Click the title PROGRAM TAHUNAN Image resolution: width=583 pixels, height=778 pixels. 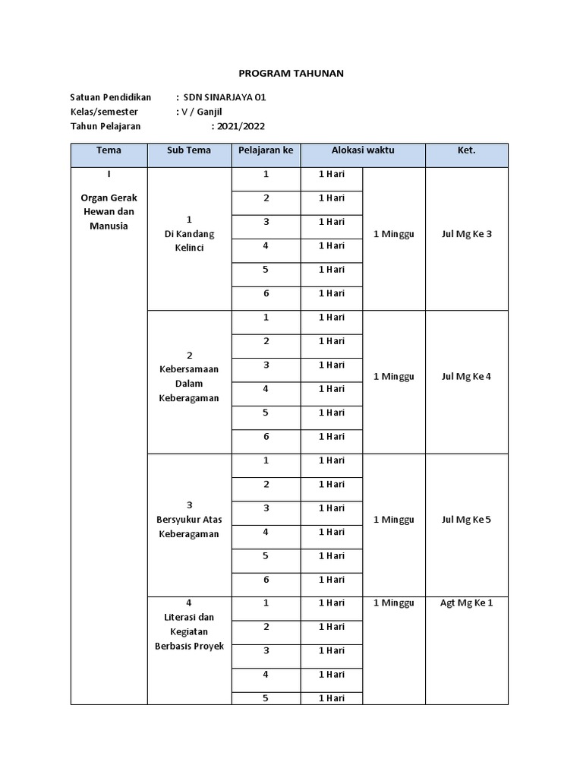[x=291, y=73]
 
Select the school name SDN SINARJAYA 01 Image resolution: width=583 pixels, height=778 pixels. [x=225, y=97]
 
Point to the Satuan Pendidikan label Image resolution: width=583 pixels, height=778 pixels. [x=111, y=97]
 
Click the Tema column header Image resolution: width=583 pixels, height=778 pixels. [x=109, y=150]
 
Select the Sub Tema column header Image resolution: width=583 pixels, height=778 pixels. [x=189, y=150]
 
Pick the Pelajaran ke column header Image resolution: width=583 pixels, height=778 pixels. [x=266, y=150]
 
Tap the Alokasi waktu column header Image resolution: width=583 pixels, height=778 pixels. [x=363, y=150]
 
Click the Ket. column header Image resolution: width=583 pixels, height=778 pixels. [x=466, y=150]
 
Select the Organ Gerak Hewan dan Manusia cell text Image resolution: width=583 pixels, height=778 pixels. [x=109, y=211]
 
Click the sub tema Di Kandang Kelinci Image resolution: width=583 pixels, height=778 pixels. [x=189, y=241]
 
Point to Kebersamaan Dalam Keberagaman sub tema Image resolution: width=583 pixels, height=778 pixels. [x=189, y=384]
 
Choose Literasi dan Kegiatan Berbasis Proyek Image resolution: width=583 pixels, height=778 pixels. [x=189, y=631]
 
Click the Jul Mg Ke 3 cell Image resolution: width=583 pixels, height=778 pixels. [x=466, y=234]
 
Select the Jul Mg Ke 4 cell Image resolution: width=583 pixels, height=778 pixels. [x=466, y=377]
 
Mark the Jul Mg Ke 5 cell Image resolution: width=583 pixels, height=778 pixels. [x=466, y=520]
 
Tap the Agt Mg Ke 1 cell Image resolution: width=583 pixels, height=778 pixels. [x=466, y=603]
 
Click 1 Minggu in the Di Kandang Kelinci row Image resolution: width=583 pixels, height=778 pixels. [x=394, y=234]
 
